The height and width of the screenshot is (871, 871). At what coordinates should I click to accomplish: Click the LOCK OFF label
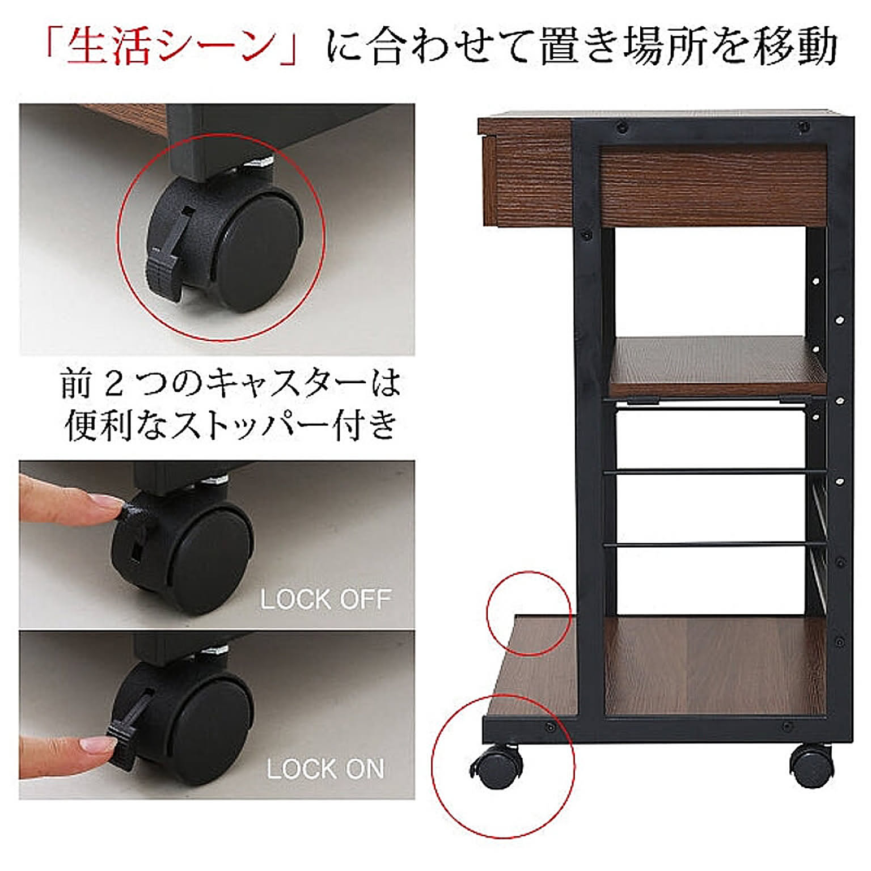coord(325,599)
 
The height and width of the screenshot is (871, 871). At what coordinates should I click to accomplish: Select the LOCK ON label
coord(325,769)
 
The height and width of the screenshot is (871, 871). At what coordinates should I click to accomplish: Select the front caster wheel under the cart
coord(496,766)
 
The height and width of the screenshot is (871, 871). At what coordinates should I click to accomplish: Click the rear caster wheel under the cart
coord(811,765)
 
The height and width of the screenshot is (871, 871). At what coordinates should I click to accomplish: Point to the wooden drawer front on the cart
coord(712,185)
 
